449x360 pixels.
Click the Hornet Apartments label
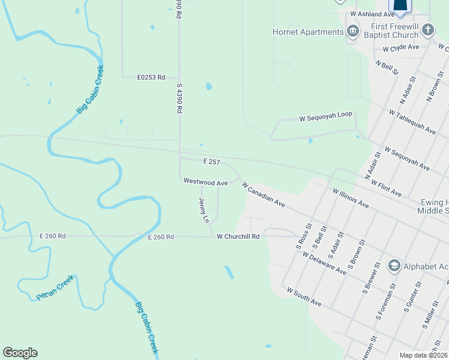click(307, 32)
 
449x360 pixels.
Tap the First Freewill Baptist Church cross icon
click(427, 30)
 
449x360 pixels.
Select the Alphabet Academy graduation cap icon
click(394, 265)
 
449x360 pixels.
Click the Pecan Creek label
click(55, 288)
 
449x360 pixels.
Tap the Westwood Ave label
click(205, 181)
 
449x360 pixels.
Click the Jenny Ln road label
click(203, 211)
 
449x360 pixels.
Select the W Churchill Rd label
click(238, 237)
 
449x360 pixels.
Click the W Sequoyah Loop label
click(325, 119)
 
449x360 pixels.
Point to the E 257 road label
click(212, 162)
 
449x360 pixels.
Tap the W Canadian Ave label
click(264, 194)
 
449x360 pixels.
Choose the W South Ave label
click(304, 297)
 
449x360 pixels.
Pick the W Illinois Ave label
click(351, 197)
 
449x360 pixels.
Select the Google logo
click(20, 353)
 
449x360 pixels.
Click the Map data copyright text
click(424, 355)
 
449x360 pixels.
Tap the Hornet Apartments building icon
click(352, 32)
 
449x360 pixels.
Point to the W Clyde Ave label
click(399, 47)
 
